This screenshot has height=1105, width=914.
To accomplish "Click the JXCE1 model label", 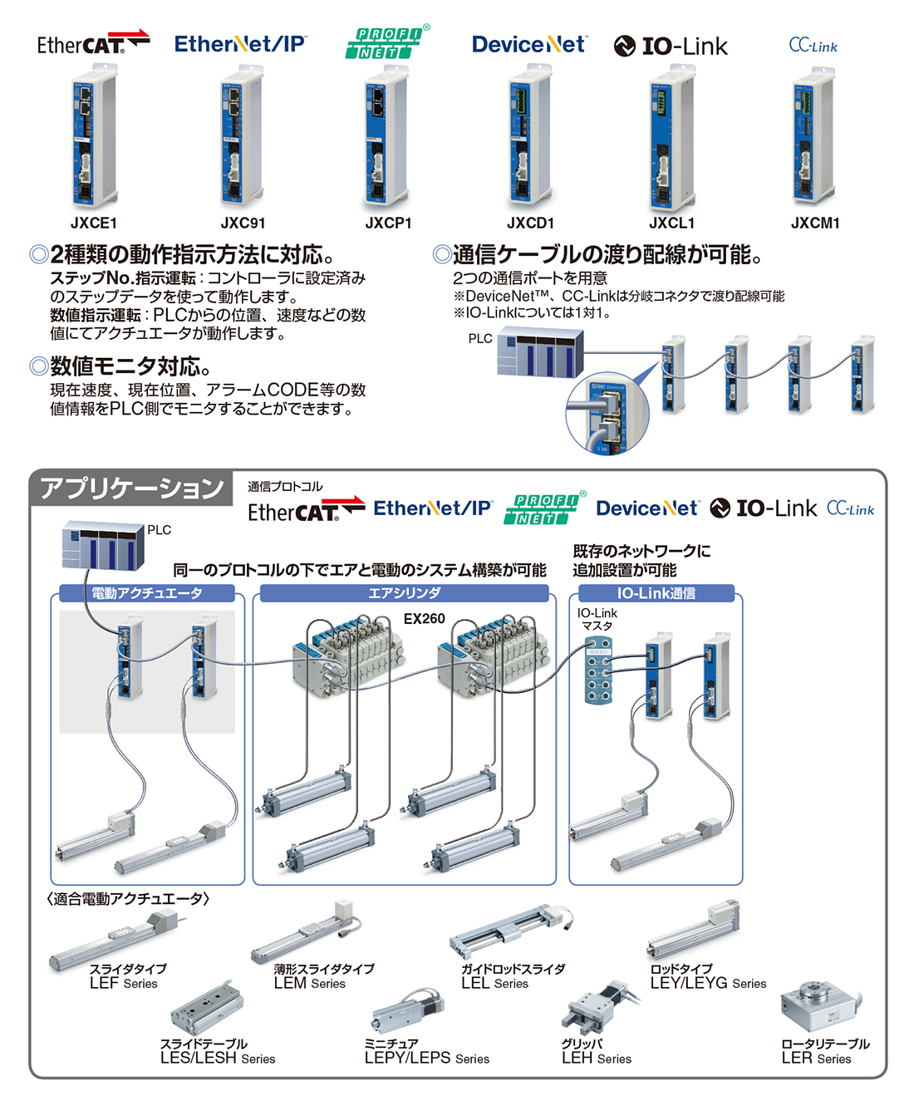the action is click(94, 223).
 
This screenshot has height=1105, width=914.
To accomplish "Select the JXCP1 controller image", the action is click(386, 135).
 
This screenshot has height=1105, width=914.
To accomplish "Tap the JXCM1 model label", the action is click(815, 223).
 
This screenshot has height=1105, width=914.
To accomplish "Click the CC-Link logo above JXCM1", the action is click(813, 45).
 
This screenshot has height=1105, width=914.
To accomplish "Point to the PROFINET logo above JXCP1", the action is click(387, 42).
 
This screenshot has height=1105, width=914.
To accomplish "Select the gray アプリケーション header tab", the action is click(131, 488).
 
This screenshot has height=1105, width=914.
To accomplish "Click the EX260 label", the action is click(424, 619).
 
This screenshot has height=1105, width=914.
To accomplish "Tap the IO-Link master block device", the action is click(598, 670).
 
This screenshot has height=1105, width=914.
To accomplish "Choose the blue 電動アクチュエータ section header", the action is click(146, 593).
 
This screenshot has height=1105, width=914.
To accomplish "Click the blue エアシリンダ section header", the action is click(405, 593).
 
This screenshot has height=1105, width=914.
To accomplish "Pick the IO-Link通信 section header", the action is click(656, 593).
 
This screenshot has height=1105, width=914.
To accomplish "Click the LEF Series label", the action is click(124, 983).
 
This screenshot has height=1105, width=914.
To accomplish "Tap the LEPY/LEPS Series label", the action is click(426, 1058).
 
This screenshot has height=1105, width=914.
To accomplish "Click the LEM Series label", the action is click(310, 983).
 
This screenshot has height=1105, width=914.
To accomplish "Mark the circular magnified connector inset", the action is click(607, 413).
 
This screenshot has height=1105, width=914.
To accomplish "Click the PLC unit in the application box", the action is click(104, 546).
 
